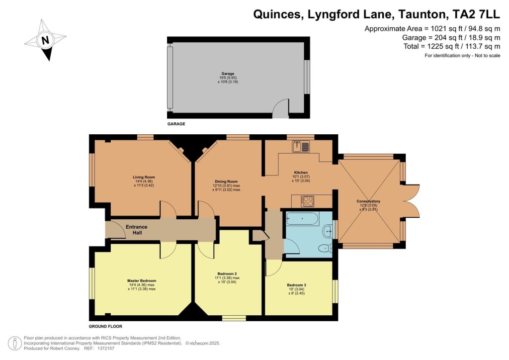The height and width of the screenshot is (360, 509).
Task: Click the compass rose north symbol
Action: [x=45, y=40]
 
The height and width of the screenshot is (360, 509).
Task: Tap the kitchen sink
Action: [x=301, y=146]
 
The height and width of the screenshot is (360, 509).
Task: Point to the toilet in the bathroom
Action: [x=325, y=248]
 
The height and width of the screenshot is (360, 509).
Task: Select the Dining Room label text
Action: [x=226, y=182]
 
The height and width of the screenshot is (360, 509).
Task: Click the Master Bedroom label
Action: [x=142, y=281]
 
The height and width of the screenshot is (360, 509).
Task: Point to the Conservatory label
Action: [x=368, y=201]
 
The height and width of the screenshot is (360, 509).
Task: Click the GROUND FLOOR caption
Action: [x=105, y=327]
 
